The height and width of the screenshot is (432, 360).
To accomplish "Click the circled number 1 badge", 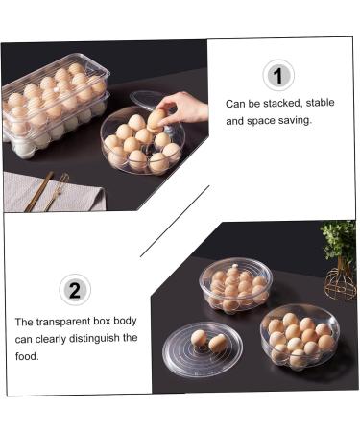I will [277, 75].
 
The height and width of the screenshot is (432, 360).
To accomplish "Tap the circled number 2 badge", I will [75, 289].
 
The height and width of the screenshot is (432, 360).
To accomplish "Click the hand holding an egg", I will [184, 107].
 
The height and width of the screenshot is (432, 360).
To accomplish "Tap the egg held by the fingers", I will [156, 118].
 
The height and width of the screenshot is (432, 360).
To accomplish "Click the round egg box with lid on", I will [235, 283].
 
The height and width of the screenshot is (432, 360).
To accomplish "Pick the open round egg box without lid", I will [299, 337].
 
